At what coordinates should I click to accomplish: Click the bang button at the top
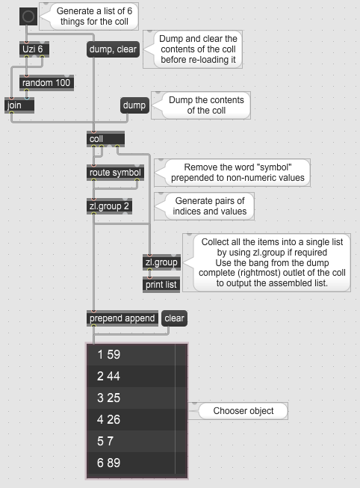(28, 16)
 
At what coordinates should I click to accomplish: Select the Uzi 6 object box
(34, 49)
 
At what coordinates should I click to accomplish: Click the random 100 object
(46, 83)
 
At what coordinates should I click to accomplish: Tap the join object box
(19, 105)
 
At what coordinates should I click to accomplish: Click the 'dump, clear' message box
(113, 49)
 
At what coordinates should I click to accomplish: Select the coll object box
(106, 139)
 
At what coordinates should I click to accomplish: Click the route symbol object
(115, 173)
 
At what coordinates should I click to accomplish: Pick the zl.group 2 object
(109, 206)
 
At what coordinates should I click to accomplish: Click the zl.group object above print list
(161, 262)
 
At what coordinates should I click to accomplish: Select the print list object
(161, 285)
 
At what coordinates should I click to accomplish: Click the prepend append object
(122, 318)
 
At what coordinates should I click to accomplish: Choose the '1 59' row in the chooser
(131, 354)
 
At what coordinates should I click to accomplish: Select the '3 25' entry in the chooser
(131, 398)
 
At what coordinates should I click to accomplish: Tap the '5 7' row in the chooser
(131, 441)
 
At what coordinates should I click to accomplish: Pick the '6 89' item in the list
(131, 463)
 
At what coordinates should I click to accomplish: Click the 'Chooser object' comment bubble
(243, 411)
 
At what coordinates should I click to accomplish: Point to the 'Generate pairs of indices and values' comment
(210, 206)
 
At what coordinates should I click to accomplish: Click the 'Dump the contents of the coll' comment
(206, 105)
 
